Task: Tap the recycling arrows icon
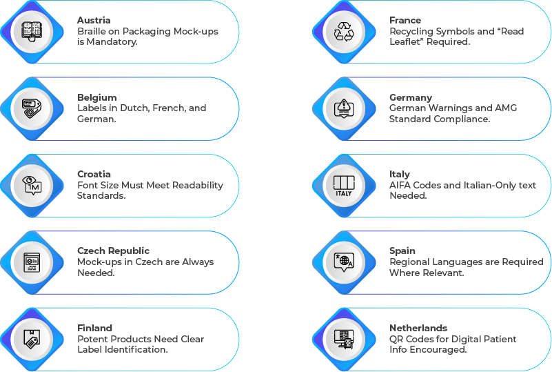[x=343, y=32]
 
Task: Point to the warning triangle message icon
[x=343, y=108]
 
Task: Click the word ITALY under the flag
[x=343, y=193]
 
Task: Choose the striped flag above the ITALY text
[x=343, y=182]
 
